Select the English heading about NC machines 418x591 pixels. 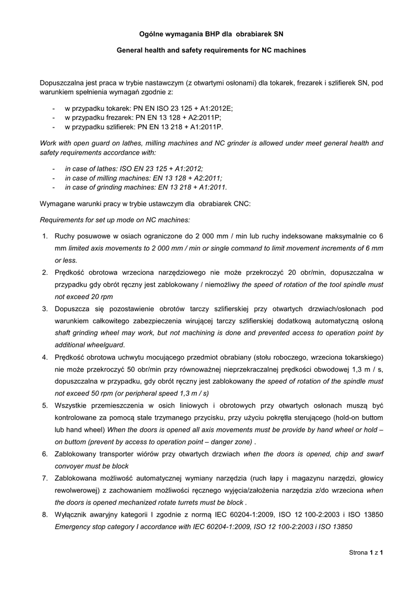pyautogui.click(x=209, y=51)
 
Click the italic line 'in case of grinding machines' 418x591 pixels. pyautogui.click(x=145, y=187)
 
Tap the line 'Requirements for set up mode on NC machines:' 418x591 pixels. pyautogui.click(x=114, y=220)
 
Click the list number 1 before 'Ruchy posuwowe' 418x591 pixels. pyautogui.click(x=45, y=236)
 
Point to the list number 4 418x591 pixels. pyautogui.click(x=45, y=357)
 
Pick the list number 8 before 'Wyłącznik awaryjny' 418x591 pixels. pyautogui.click(x=45, y=515)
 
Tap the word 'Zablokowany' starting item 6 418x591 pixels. pyautogui.click(x=76, y=454)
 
